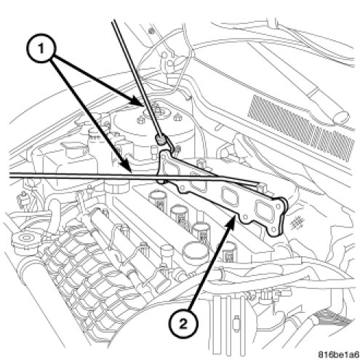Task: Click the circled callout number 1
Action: coord(41,49)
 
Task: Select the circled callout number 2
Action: coord(183,324)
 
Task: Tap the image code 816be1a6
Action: coord(338,354)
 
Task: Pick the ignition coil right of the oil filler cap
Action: coord(228,253)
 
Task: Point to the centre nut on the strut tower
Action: coord(159,110)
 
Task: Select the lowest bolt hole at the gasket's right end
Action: coord(274,229)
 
